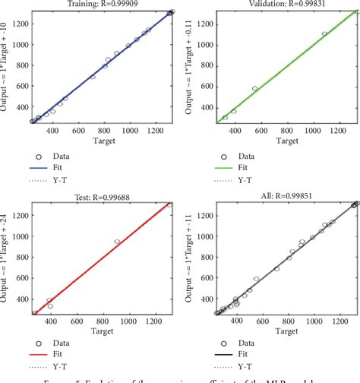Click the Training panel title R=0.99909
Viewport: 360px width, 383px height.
104,4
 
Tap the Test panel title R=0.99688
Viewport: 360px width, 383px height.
105,195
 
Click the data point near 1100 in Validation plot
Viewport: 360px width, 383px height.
325,33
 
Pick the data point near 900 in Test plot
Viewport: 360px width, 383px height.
118,242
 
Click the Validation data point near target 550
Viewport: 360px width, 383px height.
254,89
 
